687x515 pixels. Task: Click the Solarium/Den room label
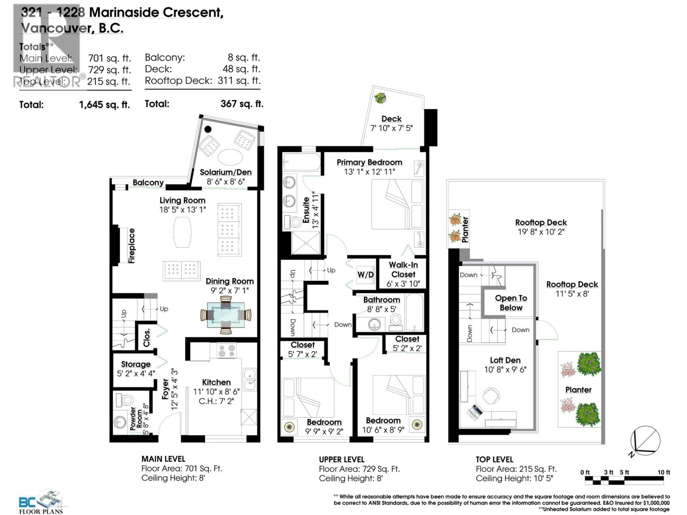(225, 172)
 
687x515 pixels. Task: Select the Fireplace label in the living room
(132, 246)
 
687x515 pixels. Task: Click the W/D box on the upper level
(366, 275)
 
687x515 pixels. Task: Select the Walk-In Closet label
(403, 270)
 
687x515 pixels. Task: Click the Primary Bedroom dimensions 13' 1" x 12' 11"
(369, 172)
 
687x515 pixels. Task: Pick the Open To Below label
(511, 303)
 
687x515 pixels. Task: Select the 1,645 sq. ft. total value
(104, 105)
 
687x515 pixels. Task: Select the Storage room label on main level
(136, 364)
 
